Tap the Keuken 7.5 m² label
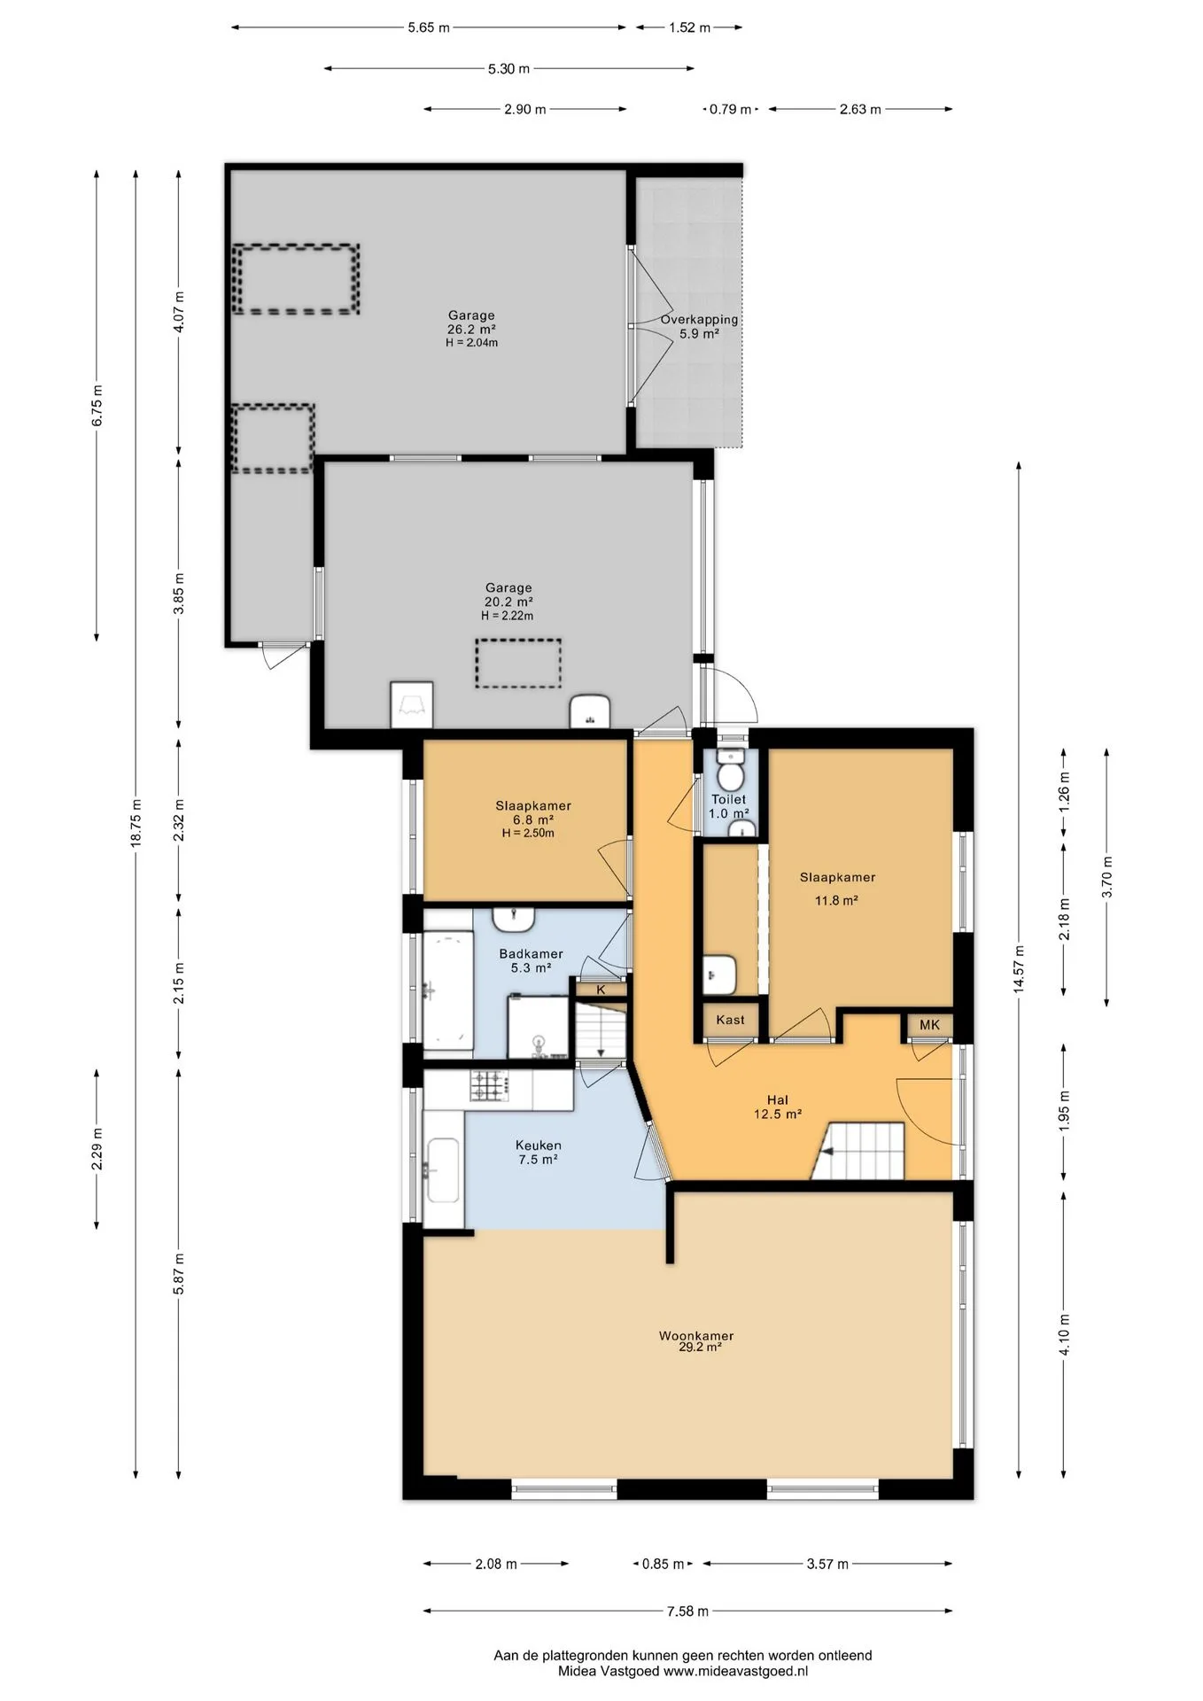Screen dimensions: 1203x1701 (x=538, y=1152)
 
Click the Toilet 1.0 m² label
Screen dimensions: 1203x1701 (x=729, y=806)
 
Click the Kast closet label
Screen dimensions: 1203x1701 (x=730, y=1020)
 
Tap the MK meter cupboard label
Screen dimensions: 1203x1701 (x=929, y=1025)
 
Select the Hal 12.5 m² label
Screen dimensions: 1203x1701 (x=778, y=1107)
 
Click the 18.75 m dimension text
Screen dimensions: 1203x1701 (x=136, y=824)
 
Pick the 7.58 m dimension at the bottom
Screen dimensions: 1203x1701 (x=687, y=1611)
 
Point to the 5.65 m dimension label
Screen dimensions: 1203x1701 (x=429, y=27)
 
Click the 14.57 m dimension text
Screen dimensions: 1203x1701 (x=1019, y=970)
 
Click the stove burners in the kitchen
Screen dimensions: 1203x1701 (x=487, y=1086)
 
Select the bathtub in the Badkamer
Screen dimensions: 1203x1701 (x=447, y=990)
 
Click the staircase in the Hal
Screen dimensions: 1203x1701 (x=858, y=1152)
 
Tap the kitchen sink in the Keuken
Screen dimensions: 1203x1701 (x=442, y=1170)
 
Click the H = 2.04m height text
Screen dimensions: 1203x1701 (x=471, y=343)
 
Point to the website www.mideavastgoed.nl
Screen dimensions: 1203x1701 (x=735, y=1671)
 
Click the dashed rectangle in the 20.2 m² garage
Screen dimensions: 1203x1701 (x=518, y=664)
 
